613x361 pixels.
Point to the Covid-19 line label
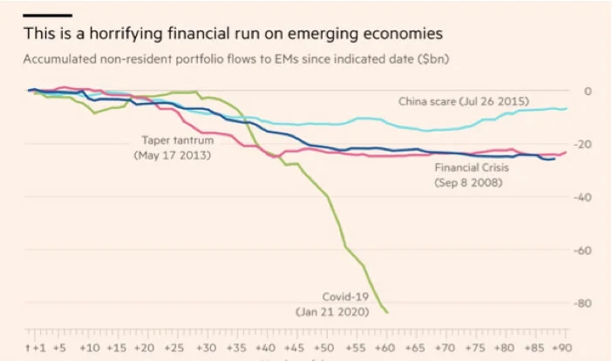(x=339, y=296)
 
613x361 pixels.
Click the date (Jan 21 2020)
(x=332, y=310)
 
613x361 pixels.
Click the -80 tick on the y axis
(x=583, y=303)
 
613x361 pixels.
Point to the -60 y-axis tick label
(x=583, y=250)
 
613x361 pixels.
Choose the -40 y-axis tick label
(x=583, y=197)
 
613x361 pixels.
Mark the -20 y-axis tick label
(x=583, y=144)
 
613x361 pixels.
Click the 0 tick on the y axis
(x=587, y=91)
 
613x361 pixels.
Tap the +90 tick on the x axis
(x=565, y=346)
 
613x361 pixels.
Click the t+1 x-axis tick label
(x=34, y=346)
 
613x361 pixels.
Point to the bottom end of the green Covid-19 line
(x=387, y=312)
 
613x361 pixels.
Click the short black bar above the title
(x=48, y=15)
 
